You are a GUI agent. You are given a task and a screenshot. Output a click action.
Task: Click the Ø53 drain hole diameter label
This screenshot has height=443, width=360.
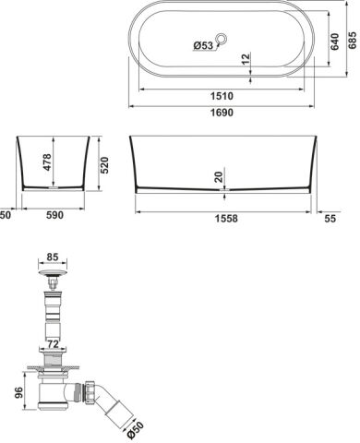203,45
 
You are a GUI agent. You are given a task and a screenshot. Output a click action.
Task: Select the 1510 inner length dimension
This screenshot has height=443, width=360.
222,96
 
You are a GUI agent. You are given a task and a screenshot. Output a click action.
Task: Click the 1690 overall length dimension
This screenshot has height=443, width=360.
222,113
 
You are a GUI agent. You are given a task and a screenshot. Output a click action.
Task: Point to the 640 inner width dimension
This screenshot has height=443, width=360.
334,42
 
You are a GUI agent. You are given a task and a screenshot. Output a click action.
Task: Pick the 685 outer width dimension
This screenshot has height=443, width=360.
353,40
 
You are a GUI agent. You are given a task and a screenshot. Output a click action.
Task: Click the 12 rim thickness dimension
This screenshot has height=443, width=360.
246,59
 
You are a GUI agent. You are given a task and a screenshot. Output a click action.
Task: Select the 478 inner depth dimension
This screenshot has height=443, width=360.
47,162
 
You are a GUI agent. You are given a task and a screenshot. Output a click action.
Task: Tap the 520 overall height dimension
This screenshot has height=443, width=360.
104,165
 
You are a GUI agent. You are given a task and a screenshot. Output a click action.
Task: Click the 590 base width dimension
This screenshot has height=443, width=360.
55,215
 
